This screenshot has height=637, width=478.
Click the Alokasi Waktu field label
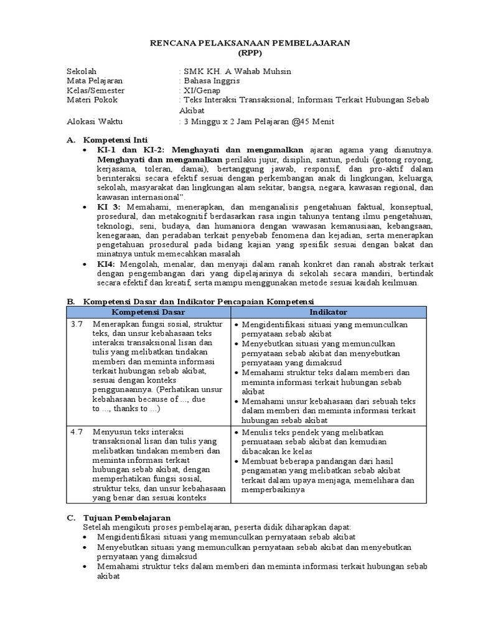95,121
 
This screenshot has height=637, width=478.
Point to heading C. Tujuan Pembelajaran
126,518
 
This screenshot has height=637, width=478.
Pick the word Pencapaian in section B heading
236,301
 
